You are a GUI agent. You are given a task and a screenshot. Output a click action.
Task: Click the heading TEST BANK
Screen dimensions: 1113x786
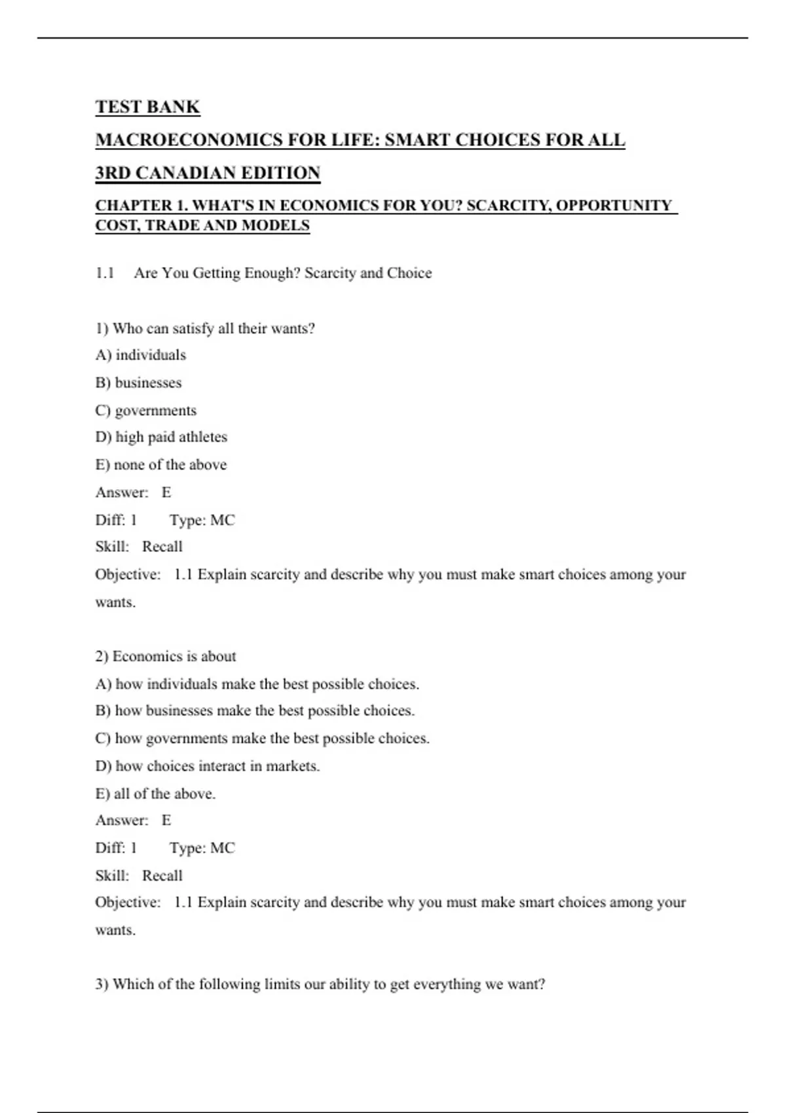click(x=147, y=107)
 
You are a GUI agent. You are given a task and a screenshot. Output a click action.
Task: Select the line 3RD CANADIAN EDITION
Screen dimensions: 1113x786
click(x=208, y=173)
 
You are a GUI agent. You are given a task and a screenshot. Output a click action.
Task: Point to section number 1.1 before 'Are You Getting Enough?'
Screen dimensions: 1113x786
click(x=105, y=273)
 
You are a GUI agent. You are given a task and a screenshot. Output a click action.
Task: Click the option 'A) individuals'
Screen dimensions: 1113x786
click(x=141, y=355)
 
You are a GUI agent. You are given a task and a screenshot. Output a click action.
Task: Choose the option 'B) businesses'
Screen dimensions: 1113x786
click(x=138, y=382)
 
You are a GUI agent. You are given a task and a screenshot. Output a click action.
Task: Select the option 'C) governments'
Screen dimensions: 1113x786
click(x=145, y=411)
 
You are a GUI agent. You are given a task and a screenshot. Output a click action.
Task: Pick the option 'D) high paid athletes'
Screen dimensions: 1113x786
click(x=161, y=437)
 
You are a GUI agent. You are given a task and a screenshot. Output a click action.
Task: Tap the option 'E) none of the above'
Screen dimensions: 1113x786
click(x=161, y=465)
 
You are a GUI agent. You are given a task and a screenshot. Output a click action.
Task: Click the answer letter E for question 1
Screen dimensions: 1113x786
click(x=166, y=492)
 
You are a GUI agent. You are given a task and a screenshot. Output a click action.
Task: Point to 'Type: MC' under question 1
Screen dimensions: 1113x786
click(x=202, y=520)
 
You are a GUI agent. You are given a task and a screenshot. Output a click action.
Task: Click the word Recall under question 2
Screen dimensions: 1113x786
click(x=162, y=875)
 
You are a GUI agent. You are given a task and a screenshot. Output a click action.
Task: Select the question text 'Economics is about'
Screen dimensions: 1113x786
click(x=174, y=656)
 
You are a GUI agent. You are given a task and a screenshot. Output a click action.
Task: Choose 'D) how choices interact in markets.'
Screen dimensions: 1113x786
click(x=208, y=766)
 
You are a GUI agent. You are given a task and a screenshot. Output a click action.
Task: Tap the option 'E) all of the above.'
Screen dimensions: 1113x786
click(x=155, y=794)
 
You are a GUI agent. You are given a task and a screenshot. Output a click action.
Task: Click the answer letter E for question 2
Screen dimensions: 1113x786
click(x=166, y=820)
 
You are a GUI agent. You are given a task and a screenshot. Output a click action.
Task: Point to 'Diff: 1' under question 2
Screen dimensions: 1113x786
click(x=116, y=848)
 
